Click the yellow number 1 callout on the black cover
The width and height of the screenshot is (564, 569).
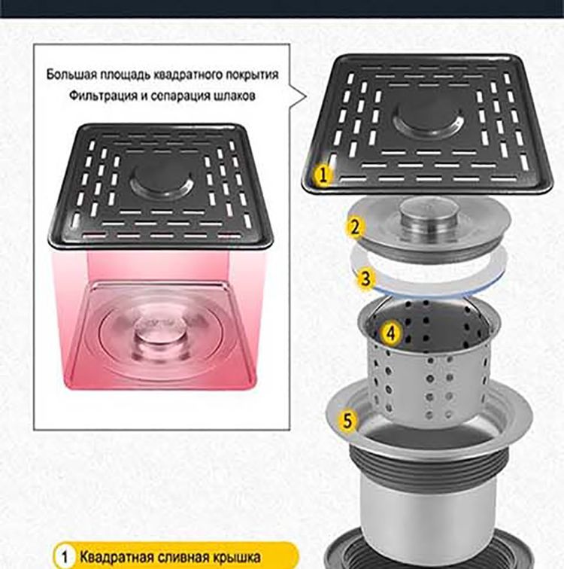coord(323,175)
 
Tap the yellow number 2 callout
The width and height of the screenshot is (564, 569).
coord(354,227)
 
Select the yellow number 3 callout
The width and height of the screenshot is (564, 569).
coord(365,278)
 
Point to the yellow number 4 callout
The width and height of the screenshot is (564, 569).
coord(390,333)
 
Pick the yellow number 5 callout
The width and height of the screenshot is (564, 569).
coord(347,421)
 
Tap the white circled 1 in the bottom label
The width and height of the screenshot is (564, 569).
coord(65,557)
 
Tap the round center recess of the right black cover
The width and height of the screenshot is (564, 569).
coord(429,122)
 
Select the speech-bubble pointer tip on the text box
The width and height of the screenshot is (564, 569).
coord(306,96)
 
